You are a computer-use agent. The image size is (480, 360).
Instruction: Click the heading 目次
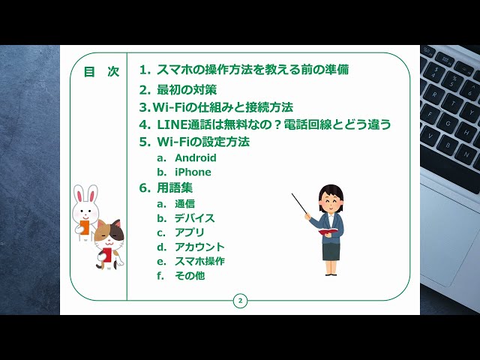tap(100, 72)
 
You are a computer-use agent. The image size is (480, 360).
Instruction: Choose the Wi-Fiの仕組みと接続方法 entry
tap(216, 107)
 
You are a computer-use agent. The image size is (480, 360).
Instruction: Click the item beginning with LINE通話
tap(265, 124)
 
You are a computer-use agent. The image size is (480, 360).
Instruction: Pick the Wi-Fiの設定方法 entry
tap(194, 141)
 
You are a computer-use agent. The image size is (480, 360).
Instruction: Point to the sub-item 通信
tap(184, 204)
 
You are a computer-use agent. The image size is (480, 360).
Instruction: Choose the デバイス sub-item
tap(194, 218)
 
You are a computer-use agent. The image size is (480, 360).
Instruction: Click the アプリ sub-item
tap(189, 232)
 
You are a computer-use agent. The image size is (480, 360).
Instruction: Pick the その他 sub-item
tap(190, 276)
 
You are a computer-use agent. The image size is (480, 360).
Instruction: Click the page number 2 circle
tap(240, 301)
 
